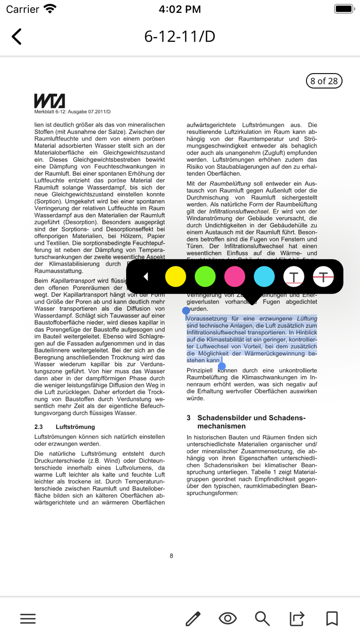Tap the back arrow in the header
click(x=16, y=37)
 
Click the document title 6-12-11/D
click(x=179, y=37)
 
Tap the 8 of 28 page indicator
click(x=324, y=81)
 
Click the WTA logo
click(x=49, y=100)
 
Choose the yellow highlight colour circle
click(x=175, y=277)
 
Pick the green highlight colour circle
click(x=205, y=277)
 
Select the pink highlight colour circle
click(x=235, y=277)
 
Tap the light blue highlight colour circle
click(x=264, y=277)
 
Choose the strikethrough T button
click(x=323, y=277)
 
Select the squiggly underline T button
click(x=294, y=277)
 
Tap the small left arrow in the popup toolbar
click(x=146, y=277)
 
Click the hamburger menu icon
click(x=28, y=618)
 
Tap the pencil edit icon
click(x=193, y=618)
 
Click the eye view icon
click(x=228, y=618)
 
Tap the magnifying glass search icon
click(x=262, y=618)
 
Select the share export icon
click(x=297, y=618)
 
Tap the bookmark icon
click(x=332, y=618)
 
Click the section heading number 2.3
click(x=39, y=427)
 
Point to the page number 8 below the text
click(x=171, y=556)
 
